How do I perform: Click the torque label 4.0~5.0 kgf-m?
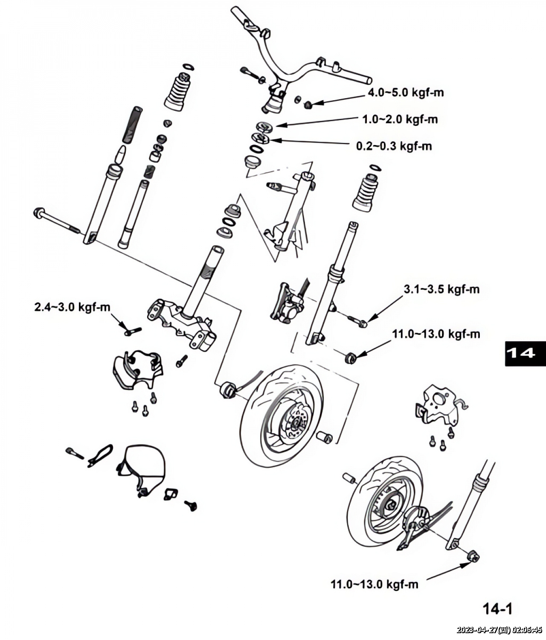(x=406, y=93)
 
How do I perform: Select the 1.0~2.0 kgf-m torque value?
(x=400, y=119)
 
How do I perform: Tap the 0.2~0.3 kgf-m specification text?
(x=394, y=146)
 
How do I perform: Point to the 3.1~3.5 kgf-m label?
(x=441, y=289)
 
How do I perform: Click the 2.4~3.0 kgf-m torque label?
(x=72, y=307)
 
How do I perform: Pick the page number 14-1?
(x=497, y=609)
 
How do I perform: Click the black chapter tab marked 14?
(x=525, y=353)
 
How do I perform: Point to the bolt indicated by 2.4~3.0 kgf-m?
(x=132, y=331)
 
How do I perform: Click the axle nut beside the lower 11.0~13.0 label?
(x=473, y=556)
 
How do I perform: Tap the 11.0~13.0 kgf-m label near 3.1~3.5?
(x=436, y=334)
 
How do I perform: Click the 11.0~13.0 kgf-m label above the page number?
(x=375, y=584)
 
